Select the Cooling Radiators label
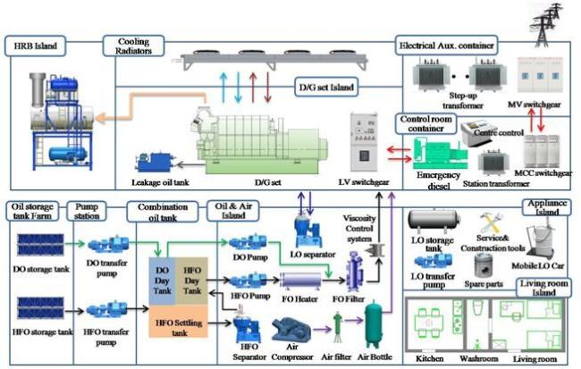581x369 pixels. pyautogui.click(x=127, y=46)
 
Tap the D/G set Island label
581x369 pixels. pyautogui.click(x=327, y=87)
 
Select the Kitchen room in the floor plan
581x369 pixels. pyautogui.click(x=430, y=319)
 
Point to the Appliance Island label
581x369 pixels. pyautogui.click(x=549, y=207)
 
